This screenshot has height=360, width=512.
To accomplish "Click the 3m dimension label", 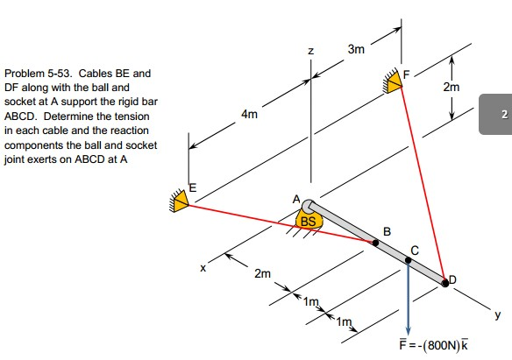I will [355, 50].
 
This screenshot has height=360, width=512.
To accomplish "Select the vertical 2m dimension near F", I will [451, 88].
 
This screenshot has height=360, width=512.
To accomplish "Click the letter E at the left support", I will [195, 187].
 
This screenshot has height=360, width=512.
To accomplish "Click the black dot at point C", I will [408, 261].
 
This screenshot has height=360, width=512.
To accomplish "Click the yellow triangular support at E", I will [181, 202].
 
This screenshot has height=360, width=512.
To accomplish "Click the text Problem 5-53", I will [34, 74].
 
